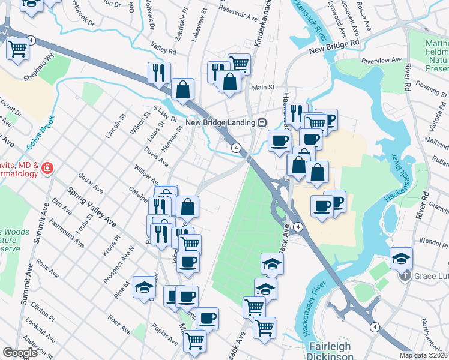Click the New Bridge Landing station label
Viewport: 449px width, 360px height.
[x=220, y=122]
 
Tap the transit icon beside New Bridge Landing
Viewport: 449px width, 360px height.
[x=262, y=122]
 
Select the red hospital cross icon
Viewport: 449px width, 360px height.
[x=47, y=169]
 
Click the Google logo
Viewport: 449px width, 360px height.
[x=20, y=353]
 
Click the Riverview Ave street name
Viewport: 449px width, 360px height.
[x=381, y=60]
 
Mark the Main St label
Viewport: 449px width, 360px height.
[x=262, y=87]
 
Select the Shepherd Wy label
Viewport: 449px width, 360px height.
[x=38, y=74]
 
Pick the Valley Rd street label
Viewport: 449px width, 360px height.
[x=163, y=48]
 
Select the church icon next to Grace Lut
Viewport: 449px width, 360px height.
[x=406, y=277]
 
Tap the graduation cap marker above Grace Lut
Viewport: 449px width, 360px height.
[x=401, y=259]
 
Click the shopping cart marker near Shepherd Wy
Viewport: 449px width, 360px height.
[x=18, y=49]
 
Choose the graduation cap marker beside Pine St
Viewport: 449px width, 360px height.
[x=144, y=287]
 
